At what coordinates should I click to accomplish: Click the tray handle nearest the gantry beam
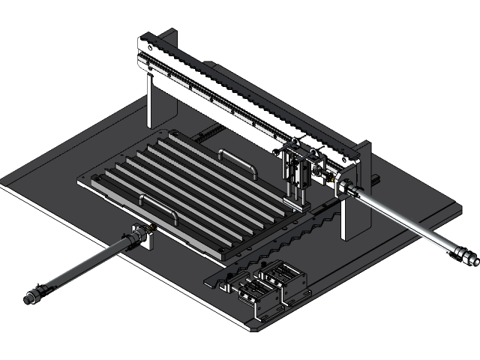pos(238,160)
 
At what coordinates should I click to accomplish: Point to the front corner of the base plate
pos(255,325)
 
